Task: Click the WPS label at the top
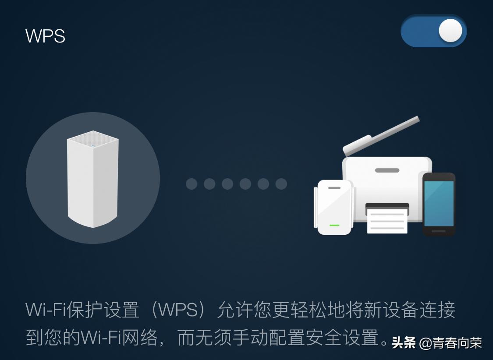tap(46, 36)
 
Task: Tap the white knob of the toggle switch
tap(450, 31)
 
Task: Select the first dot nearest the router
tap(192, 184)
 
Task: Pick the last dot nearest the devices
tap(281, 184)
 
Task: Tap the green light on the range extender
tap(334, 225)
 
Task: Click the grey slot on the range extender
tap(334, 187)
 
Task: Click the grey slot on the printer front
tap(387, 170)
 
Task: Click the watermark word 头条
tap(404, 342)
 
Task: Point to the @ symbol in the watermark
tap(426, 343)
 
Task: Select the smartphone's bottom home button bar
tap(439, 231)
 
